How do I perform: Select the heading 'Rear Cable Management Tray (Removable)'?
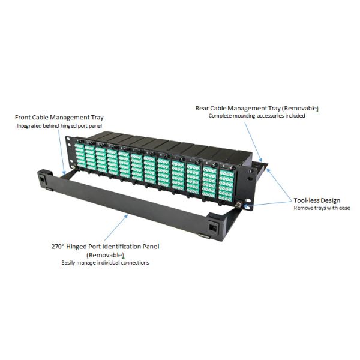tap(257, 108)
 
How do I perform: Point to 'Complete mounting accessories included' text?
tap(257, 116)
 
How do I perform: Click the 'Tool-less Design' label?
tap(317, 200)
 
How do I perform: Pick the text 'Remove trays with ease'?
tap(322, 208)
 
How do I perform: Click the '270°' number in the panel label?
tap(59, 247)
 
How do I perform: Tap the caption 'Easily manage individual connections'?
tap(105, 263)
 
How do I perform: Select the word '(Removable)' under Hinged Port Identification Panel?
tap(105, 254)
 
